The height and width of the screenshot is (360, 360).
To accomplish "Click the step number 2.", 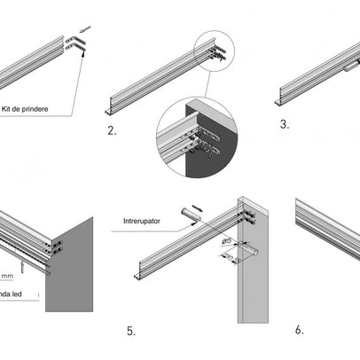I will pyautogui.click(x=112, y=130).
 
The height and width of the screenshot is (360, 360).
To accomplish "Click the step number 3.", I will pyautogui.click(x=285, y=125).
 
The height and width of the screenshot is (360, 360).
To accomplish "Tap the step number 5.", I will pyautogui.click(x=130, y=331).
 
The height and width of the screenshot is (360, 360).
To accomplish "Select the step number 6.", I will pyautogui.click(x=299, y=329).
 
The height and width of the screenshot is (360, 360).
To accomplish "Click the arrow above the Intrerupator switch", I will pyautogui.click(x=195, y=203).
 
